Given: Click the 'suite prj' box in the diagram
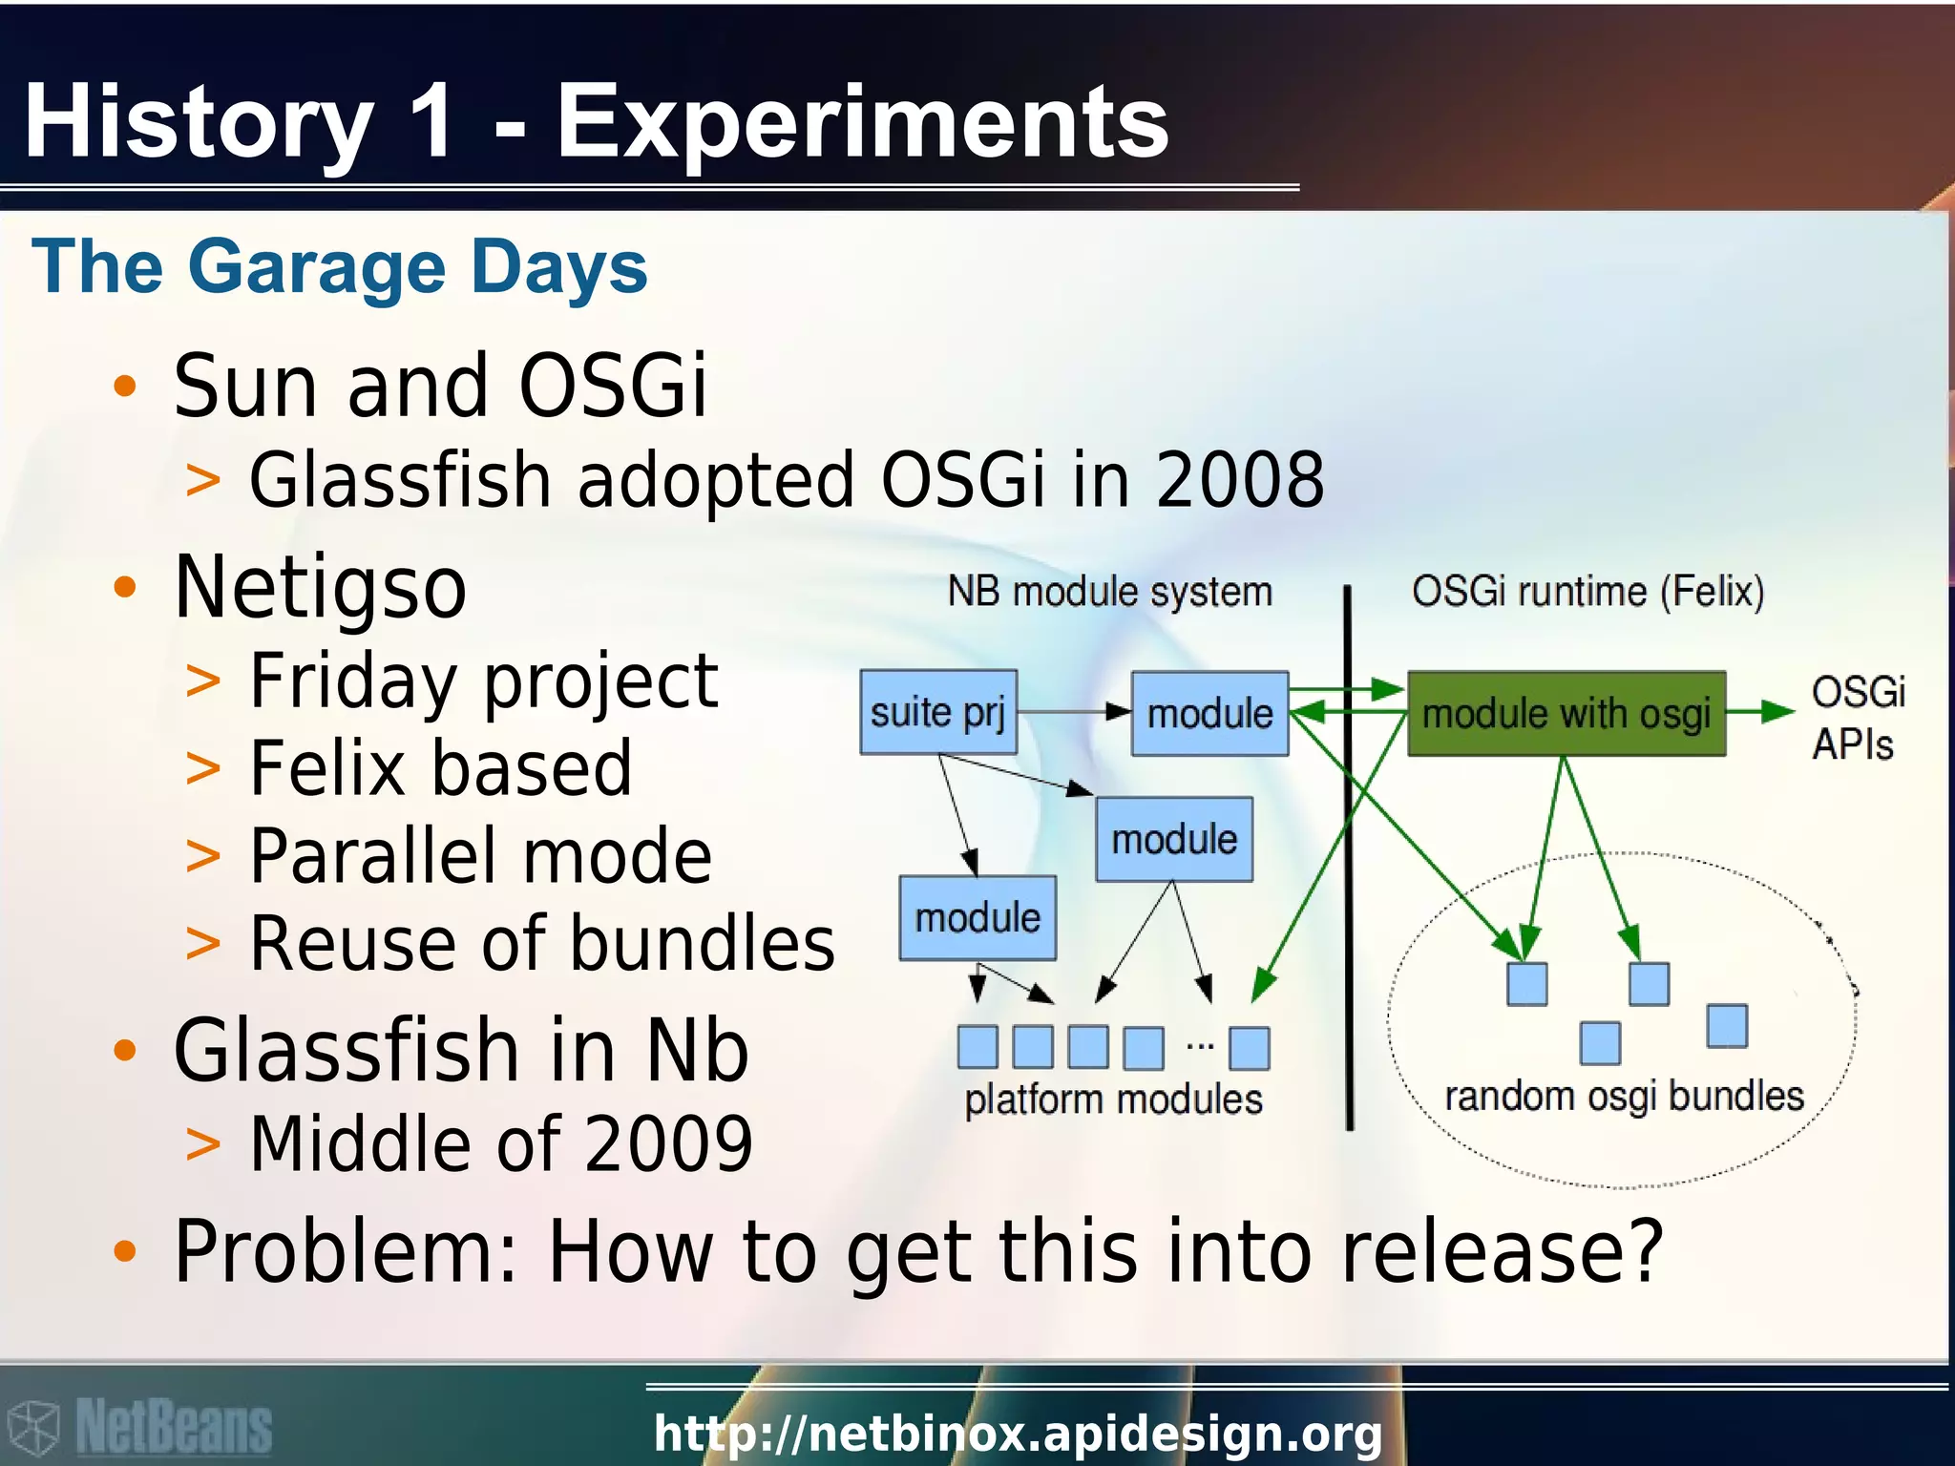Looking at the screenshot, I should point(937,712).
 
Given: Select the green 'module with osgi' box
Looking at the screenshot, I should point(1566,714).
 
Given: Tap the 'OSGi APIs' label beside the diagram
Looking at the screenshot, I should point(1857,718).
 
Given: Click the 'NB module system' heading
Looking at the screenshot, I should point(1109,592).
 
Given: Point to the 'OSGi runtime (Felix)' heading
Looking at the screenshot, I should point(1587,592).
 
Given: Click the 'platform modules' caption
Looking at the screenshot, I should point(1113,1099).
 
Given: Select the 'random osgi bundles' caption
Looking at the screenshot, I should point(1624,1097).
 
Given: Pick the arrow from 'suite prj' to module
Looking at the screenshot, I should point(1074,711).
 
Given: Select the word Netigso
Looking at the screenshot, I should point(321,587).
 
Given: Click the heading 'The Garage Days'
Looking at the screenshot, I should point(340,267).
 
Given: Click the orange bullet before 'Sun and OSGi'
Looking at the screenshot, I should point(125,387).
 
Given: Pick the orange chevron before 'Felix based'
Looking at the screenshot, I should point(202,768).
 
